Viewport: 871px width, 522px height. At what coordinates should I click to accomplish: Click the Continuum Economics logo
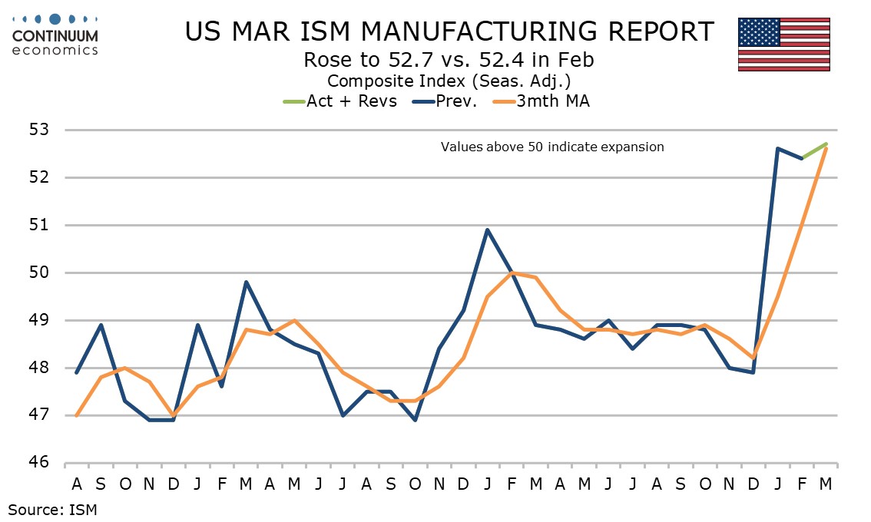point(55,35)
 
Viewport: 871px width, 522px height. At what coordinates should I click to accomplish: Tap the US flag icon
point(783,44)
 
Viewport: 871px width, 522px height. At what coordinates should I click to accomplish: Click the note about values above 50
point(551,147)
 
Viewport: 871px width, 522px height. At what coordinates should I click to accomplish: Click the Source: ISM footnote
point(53,508)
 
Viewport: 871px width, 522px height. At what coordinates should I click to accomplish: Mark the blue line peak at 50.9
point(488,230)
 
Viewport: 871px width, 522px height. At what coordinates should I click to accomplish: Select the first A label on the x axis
point(77,485)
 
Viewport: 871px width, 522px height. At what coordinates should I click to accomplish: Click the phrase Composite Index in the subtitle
point(386,80)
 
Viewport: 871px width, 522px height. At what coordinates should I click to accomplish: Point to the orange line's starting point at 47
point(77,415)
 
